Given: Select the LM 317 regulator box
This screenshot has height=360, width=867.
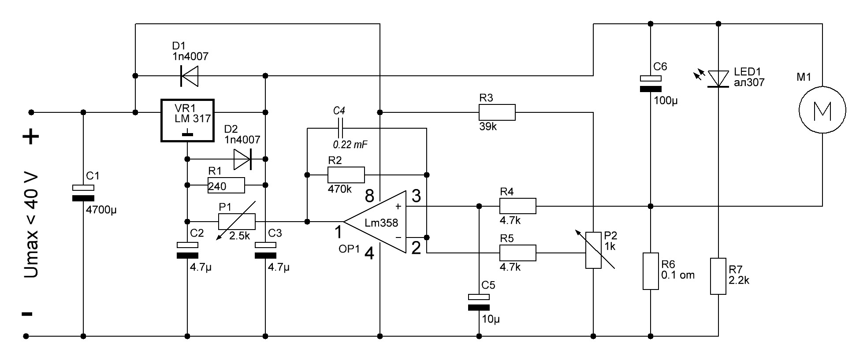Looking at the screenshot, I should click(187, 120).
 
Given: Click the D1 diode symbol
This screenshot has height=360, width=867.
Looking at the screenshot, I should click(189, 76).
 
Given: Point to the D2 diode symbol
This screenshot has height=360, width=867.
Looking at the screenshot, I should click(242, 159).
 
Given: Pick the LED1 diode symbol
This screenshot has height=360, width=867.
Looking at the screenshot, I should click(718, 79).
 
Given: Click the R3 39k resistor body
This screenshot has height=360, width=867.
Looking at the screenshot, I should click(497, 112).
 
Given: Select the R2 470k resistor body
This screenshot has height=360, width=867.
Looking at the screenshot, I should click(346, 175).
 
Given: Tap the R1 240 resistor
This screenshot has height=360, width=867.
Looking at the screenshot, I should click(226, 186).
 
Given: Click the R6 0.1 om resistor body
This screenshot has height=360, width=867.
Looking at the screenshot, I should click(651, 271).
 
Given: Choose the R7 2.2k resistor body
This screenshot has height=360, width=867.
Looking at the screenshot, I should click(718, 276).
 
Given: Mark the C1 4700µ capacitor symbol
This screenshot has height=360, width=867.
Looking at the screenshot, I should click(83, 193).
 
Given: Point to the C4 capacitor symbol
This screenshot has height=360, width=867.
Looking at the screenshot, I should click(339, 128).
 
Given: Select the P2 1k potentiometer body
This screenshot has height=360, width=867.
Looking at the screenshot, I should click(593, 250).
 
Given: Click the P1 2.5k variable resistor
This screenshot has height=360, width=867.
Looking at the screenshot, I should click(237, 221).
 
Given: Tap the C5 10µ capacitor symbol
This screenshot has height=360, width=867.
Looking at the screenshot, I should click(479, 302).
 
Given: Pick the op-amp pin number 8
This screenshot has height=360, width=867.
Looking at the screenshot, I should click(369, 195).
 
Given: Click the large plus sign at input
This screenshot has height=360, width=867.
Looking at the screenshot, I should click(31, 137).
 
